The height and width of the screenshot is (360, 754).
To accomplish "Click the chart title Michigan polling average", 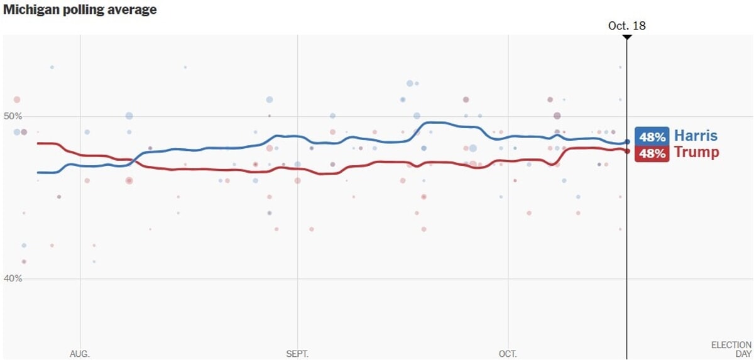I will pos(80,10).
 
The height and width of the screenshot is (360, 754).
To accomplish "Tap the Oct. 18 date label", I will pos(626,26).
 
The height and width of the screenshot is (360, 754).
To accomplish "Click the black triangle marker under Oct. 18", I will pos(626,37).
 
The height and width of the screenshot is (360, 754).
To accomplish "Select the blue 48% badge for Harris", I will pos(652,137).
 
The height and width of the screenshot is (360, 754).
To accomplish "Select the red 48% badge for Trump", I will pos(652,153).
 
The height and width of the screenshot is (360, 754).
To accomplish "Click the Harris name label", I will pos(696,135).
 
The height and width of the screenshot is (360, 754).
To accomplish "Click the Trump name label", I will pos(696,152).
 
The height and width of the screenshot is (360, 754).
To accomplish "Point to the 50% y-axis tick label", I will pos(13,116).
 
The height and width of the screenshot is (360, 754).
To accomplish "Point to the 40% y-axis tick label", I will pos(13,278).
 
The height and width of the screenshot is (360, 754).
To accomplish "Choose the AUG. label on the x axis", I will pos(80,354).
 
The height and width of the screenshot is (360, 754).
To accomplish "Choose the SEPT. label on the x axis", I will pos(297,354).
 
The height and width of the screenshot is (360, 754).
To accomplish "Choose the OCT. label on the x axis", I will pos(508,354).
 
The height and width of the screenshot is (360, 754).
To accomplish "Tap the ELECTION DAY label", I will pos(731,349).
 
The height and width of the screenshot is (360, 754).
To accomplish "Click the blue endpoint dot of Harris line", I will pos(626,142).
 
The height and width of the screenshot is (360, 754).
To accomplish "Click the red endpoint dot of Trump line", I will pos(626,151).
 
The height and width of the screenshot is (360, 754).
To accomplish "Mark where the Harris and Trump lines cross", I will pos(133,161).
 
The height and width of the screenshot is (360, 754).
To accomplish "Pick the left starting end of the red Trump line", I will pos(38,143).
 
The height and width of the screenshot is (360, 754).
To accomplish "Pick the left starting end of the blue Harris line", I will pos(38,172).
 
